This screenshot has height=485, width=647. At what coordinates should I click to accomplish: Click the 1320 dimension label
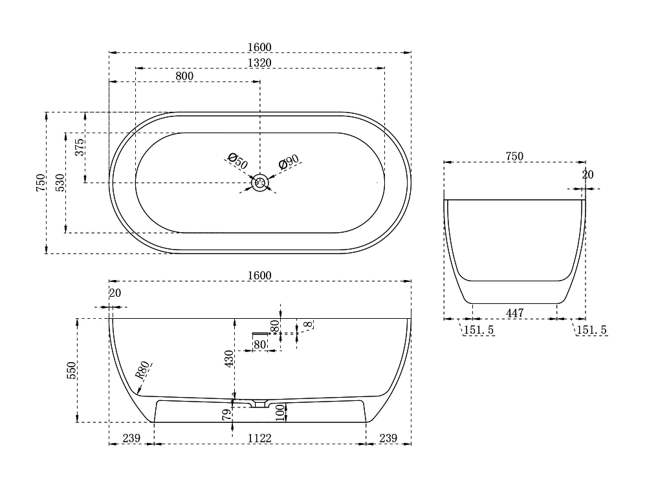[x=259, y=63]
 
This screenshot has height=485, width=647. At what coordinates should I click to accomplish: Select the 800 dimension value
[x=184, y=76]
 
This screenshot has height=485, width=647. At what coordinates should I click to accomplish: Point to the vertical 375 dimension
[x=80, y=147]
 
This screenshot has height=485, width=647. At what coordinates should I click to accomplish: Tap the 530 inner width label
[x=60, y=183]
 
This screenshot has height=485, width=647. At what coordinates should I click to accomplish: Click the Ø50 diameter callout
[x=237, y=161]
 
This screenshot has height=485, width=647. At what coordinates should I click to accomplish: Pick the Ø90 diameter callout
[x=289, y=162]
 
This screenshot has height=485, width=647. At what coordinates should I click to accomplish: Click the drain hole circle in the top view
[x=260, y=183]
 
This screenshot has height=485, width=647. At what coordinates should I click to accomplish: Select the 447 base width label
[x=515, y=313]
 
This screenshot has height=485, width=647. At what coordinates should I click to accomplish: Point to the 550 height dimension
[x=71, y=371]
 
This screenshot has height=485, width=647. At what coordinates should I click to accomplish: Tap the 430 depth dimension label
[x=229, y=358]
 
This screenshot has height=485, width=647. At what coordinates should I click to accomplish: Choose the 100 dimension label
[x=281, y=413]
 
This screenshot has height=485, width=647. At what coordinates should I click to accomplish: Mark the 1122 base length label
[x=259, y=438]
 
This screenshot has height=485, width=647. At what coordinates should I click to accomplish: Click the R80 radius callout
[x=142, y=370]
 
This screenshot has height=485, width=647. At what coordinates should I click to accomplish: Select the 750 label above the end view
[x=514, y=156]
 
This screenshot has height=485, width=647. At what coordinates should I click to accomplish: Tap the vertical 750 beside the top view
[x=40, y=183]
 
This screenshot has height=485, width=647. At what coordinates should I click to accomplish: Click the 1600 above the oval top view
[x=259, y=47]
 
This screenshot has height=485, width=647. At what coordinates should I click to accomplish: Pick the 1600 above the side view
[x=259, y=275]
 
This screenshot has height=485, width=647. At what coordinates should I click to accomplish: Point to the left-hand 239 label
[x=131, y=438]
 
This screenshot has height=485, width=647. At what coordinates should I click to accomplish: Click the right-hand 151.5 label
[x=592, y=330]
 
